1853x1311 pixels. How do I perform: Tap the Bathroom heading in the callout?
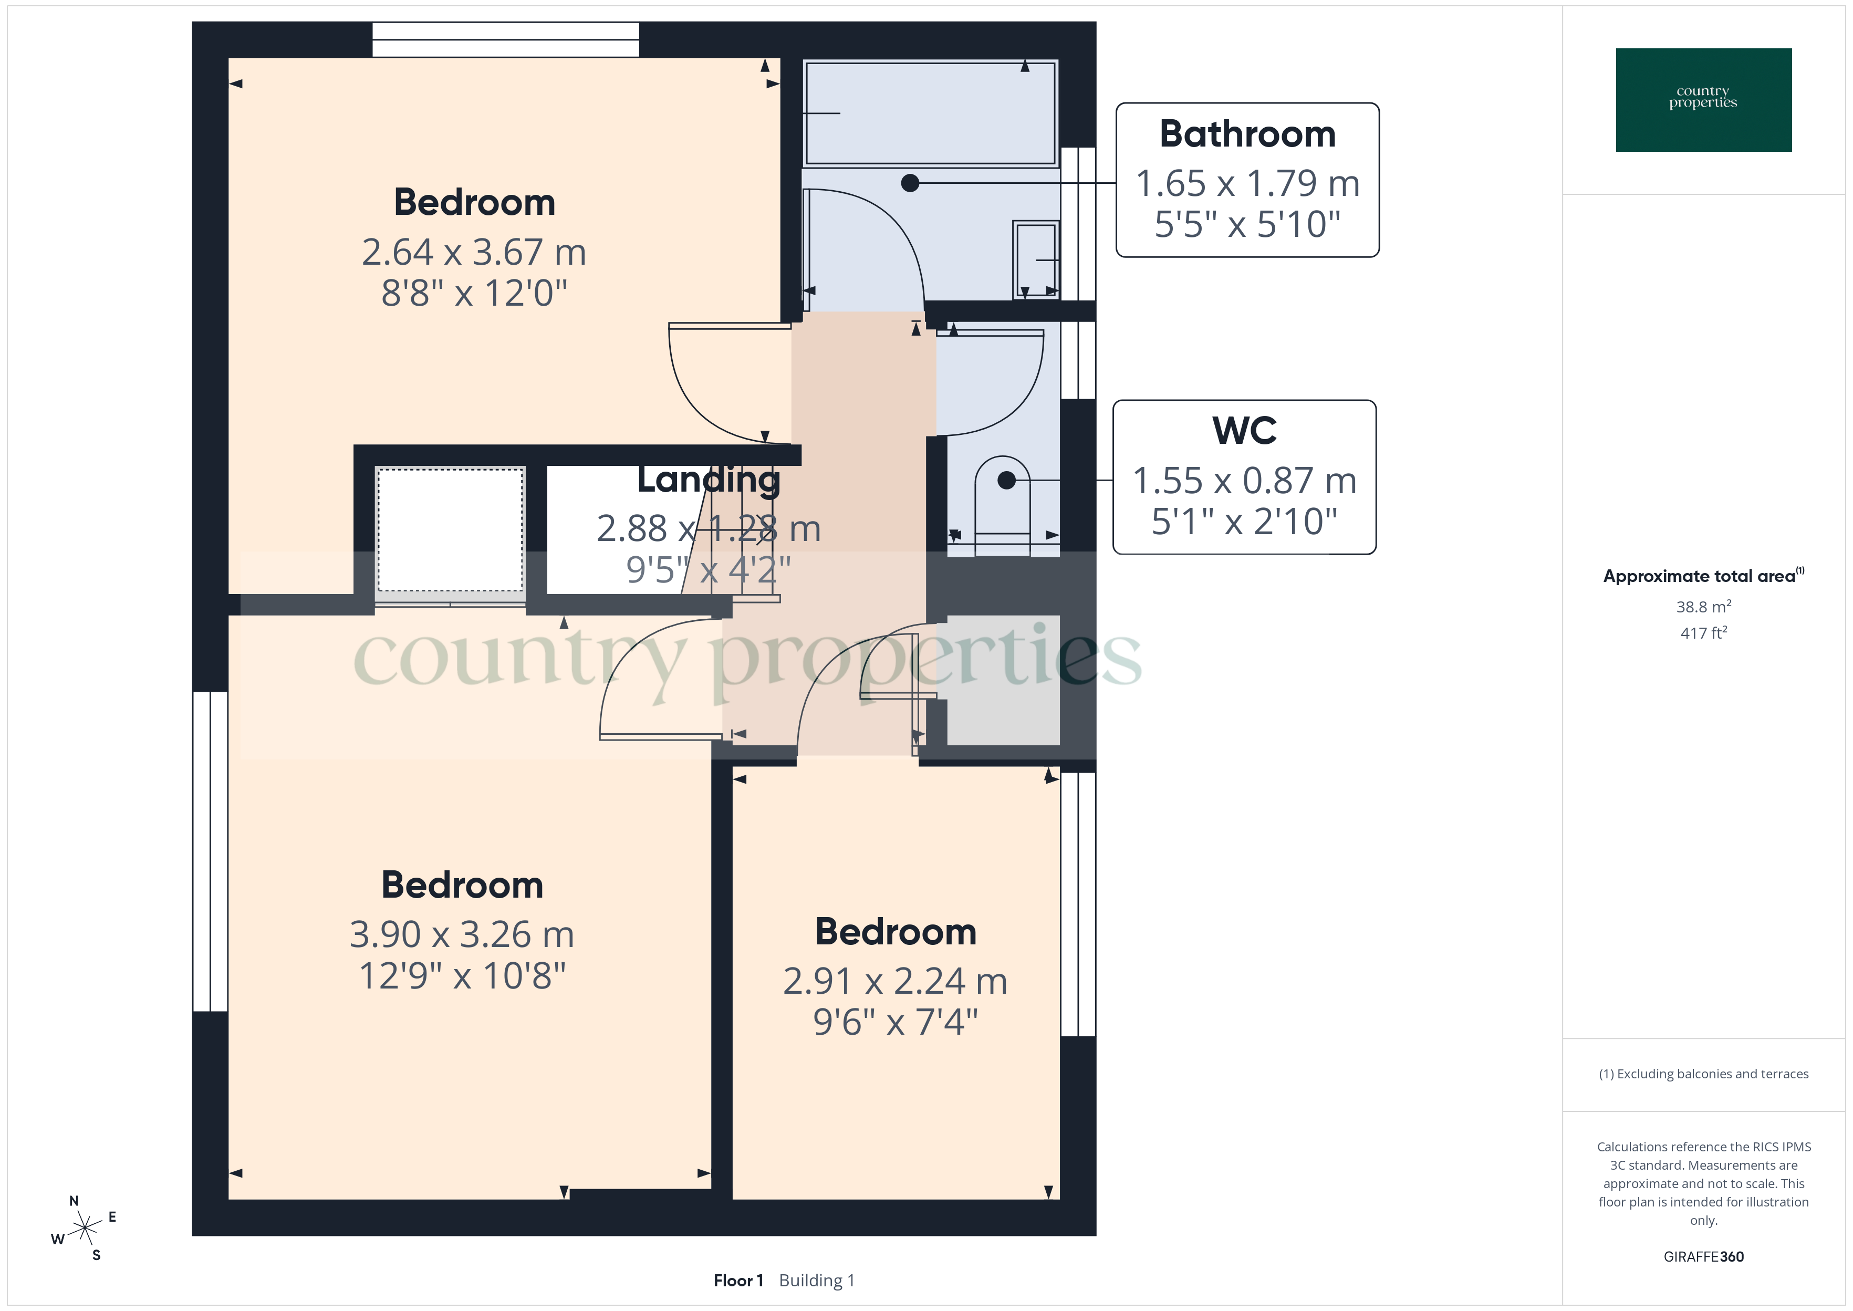(x=1247, y=134)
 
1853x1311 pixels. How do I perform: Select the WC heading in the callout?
(x=1244, y=431)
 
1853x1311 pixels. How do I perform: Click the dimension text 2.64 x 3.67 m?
(x=474, y=252)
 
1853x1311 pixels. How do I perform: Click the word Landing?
(x=709, y=480)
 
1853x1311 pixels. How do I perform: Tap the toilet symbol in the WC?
(x=1002, y=505)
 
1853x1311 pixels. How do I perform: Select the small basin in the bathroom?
(x=1035, y=259)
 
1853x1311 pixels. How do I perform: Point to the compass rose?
(x=84, y=1229)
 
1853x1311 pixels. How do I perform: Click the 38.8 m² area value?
(x=1703, y=606)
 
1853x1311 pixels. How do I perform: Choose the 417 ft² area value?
(x=1703, y=633)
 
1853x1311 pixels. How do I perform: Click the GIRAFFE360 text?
(x=1703, y=1256)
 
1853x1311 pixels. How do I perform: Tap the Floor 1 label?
(x=737, y=1281)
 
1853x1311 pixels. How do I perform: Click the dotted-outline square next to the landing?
(x=450, y=529)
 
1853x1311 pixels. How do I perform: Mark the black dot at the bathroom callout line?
(x=910, y=183)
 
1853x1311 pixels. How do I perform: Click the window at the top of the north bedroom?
(x=505, y=39)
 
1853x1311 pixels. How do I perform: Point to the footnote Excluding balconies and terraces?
(x=1703, y=1074)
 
